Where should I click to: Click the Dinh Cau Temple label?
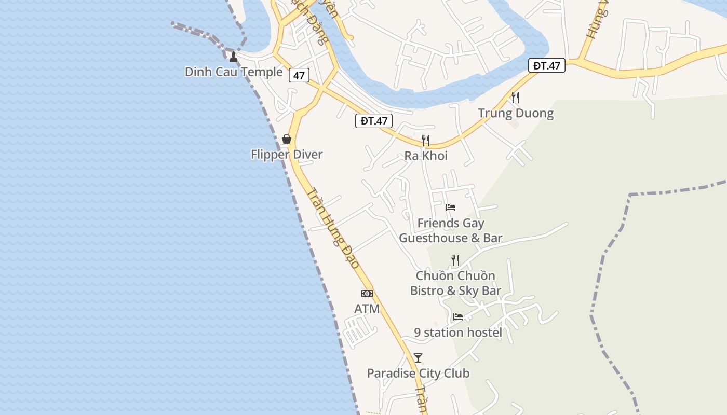(233, 72)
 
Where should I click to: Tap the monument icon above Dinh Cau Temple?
(234, 57)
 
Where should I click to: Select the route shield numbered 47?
(299, 75)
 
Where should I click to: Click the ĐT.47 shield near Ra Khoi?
(374, 121)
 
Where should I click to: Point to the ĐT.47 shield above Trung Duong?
(547, 65)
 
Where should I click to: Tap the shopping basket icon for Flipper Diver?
(286, 139)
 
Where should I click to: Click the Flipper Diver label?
(287, 154)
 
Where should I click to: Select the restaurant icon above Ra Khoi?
(426, 140)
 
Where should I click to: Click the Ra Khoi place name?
(426, 156)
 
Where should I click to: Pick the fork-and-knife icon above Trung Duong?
(516, 97)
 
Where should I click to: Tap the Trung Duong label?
(516, 113)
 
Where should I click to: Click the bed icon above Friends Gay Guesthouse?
(451, 208)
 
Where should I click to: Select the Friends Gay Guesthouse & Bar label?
(451, 230)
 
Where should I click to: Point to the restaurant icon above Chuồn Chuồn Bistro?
(455, 260)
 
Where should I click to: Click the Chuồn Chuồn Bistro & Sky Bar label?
(455, 283)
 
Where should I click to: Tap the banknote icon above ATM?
(367, 294)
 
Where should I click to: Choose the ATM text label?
(367, 309)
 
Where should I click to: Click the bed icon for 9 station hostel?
(457, 316)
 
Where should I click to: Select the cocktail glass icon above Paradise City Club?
(418, 357)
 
